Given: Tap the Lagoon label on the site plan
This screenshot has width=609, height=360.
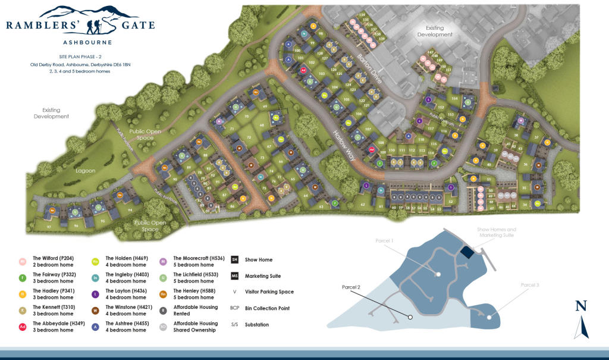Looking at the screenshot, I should [86, 171].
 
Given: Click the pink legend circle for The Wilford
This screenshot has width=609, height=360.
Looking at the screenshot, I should [23, 261].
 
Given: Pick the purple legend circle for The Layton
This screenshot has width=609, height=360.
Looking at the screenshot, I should [95, 293].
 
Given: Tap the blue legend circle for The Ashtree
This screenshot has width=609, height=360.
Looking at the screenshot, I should [95, 325].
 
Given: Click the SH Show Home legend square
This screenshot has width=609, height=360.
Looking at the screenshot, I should [234, 260].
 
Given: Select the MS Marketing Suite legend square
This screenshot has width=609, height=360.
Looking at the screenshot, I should [234, 276].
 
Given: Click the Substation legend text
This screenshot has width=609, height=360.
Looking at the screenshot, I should [257, 324].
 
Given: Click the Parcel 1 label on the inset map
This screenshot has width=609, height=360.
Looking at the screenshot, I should [384, 240].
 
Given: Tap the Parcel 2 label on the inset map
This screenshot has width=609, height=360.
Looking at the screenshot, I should [351, 287].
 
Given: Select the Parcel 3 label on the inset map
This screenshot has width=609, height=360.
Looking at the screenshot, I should [529, 285].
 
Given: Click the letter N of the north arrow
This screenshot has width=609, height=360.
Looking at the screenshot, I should [581, 306].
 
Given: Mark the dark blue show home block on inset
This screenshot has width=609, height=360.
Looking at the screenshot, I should [467, 252].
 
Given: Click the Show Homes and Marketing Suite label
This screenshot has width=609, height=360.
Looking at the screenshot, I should [497, 231].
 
